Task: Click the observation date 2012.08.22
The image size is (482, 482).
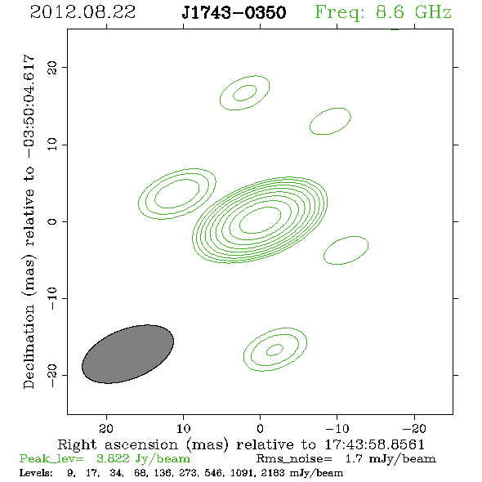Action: [83, 12]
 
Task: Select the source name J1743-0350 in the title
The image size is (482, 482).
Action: [234, 13]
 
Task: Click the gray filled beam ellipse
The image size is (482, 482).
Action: [128, 354]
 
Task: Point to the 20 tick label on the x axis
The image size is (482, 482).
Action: [106, 429]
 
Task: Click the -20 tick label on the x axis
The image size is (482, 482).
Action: [414, 429]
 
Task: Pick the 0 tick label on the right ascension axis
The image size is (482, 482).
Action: [260, 429]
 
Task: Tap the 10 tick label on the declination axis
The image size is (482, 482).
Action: [52, 145]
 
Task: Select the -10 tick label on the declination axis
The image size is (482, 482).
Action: [52, 298]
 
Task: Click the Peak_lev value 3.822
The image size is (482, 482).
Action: [113, 458]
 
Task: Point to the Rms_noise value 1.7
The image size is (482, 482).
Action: [354, 458]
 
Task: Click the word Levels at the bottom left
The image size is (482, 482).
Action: [36, 472]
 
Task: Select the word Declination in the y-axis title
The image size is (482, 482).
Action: [29, 346]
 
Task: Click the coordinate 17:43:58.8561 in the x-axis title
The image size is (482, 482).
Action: [374, 444]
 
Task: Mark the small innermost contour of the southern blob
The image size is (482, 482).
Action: [267, 350]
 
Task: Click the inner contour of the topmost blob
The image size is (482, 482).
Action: [234, 95]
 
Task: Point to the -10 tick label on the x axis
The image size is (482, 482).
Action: [337, 429]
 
